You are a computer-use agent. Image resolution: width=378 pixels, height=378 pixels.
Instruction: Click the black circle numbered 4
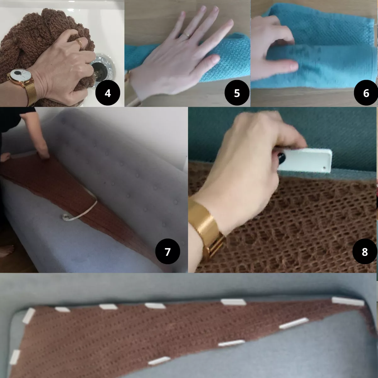tap(108, 93)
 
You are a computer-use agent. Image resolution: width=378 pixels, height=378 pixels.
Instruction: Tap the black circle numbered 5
tap(237, 93)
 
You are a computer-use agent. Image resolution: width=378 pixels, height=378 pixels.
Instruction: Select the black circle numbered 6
tap(366, 93)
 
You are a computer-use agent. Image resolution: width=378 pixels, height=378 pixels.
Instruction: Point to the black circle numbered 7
tap(168, 251)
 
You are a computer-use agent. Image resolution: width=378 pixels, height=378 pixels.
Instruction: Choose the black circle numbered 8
tap(365, 251)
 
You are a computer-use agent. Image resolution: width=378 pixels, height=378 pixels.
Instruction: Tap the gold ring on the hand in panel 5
tap(186, 35)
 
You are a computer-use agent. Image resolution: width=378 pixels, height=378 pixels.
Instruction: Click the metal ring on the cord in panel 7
tap(66, 217)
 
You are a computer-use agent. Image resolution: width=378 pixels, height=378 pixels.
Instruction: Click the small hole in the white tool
tap(324, 168)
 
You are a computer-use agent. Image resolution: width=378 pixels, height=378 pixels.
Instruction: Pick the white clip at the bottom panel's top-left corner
tap(29, 315)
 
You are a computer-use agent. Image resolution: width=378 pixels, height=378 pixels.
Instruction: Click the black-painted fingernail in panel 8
tap(281, 157)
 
